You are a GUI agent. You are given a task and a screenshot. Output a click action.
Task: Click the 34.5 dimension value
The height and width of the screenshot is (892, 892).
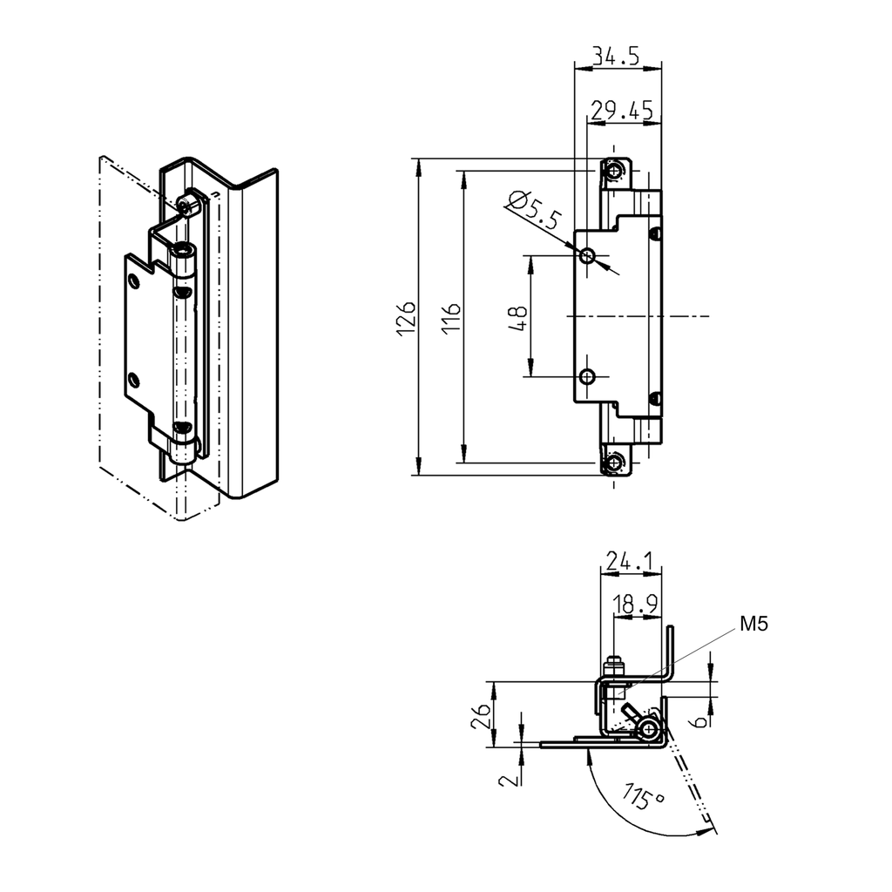point(616,57)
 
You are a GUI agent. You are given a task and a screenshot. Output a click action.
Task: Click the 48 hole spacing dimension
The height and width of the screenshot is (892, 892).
point(516,315)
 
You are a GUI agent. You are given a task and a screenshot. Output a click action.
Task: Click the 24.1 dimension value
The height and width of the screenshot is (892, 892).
point(630,563)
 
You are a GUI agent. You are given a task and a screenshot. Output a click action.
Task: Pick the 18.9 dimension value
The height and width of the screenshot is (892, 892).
point(635,604)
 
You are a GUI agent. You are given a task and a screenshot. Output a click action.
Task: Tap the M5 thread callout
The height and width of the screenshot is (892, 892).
point(754,623)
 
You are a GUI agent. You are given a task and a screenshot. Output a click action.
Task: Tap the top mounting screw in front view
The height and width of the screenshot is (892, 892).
point(617,170)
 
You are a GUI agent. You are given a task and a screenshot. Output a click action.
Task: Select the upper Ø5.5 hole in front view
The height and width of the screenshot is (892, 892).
point(588,255)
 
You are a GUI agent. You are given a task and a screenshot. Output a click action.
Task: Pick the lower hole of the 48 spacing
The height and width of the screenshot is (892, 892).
point(588,377)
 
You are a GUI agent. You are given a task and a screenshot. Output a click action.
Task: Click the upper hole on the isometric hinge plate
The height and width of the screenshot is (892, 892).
point(133,280)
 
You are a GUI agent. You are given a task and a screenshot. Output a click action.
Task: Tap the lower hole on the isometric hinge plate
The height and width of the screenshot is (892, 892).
point(133,379)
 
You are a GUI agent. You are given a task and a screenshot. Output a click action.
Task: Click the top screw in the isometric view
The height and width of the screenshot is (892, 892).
point(186,203)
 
